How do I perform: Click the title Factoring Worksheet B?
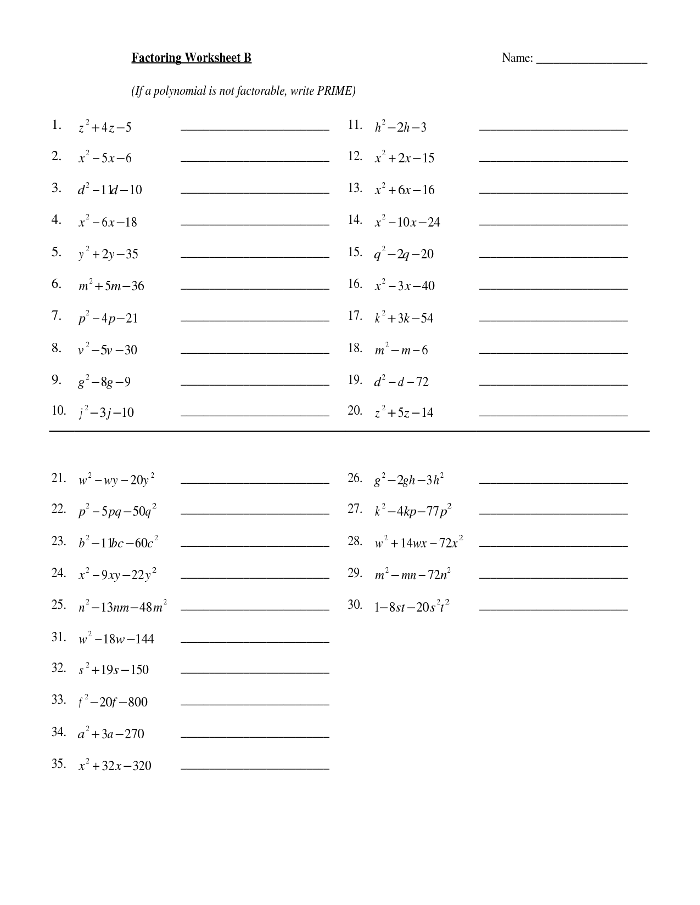point(191,58)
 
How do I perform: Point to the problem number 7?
point(56,316)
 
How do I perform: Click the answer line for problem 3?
point(255,193)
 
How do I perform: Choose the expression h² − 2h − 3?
point(400,127)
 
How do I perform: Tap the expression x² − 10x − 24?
point(407,222)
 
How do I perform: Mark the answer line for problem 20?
point(553,416)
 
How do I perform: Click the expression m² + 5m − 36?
point(111,286)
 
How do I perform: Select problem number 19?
point(355,380)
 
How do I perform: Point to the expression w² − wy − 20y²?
point(116,480)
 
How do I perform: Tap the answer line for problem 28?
point(553,546)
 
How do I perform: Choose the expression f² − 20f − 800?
point(113,702)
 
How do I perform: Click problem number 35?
point(59,764)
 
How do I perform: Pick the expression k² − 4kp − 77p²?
point(413,511)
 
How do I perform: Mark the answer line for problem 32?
point(255,672)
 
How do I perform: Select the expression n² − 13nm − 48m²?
point(122,607)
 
